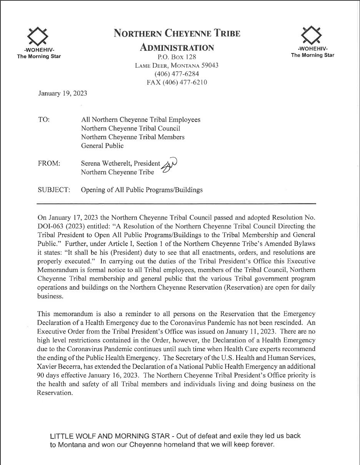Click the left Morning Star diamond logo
pyautogui.click(x=38, y=36)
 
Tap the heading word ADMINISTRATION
pyautogui.click(x=177, y=48)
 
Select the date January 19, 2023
pyautogui.click(x=63, y=93)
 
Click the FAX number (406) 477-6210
pyautogui.click(x=177, y=82)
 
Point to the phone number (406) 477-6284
pyautogui.click(x=177, y=74)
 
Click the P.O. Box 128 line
pyautogui.click(x=177, y=57)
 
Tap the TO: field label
pyautogui.click(x=44, y=120)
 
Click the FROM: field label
pyautogui.click(x=49, y=163)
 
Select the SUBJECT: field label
pyautogui.click(x=54, y=190)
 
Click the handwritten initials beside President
pyautogui.click(x=169, y=166)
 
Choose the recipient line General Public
pyautogui.click(x=102, y=146)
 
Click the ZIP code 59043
pyautogui.click(x=210, y=65)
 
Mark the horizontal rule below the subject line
pyautogui.click(x=176, y=203)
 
